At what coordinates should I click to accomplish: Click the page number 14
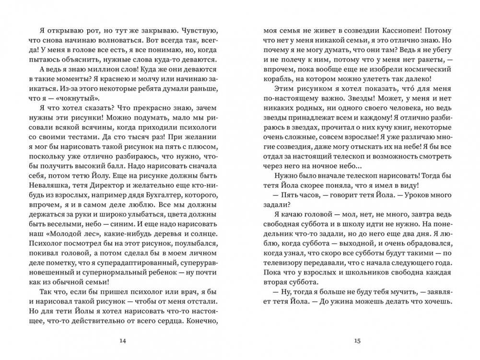tap(121, 341)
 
